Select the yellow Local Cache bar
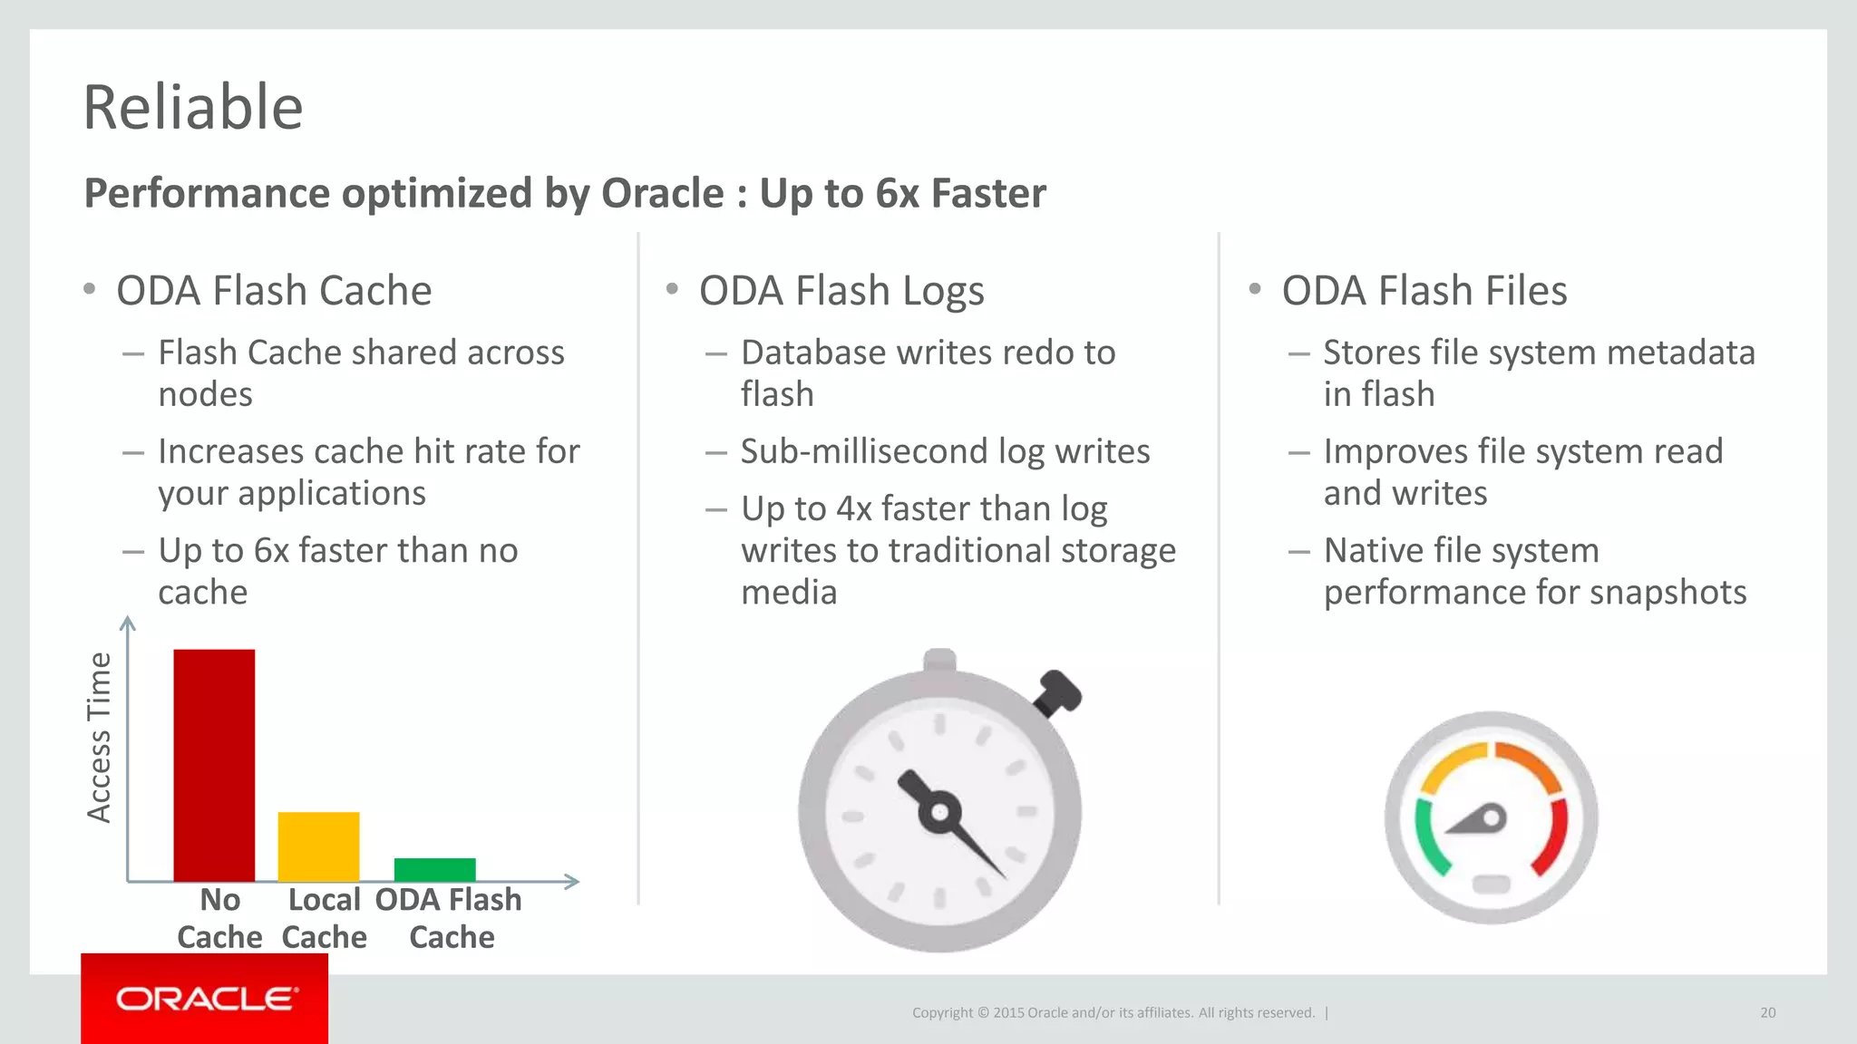click(318, 846)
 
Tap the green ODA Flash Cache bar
click(434, 869)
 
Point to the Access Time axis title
click(98, 737)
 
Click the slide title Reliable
click(192, 107)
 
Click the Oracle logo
click(206, 999)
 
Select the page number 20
click(1767, 1012)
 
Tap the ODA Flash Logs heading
click(841, 291)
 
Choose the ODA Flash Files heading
click(1424, 291)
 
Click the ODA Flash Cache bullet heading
click(274, 291)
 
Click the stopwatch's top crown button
click(939, 659)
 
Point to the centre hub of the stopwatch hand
click(939, 811)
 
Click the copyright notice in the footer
click(1113, 1012)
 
